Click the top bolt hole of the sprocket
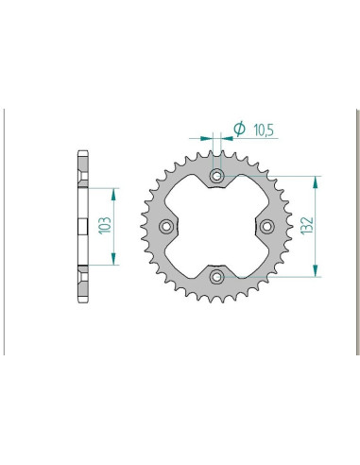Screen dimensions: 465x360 216,176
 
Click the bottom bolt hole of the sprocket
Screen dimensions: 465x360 216,275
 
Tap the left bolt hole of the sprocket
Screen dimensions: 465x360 167,226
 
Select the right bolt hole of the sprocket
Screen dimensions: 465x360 266,226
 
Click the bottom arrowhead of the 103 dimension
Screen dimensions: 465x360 114,262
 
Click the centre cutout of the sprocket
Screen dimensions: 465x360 216,226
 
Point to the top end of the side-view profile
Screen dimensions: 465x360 81,153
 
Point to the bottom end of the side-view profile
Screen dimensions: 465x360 81,300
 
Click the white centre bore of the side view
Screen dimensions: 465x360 79,227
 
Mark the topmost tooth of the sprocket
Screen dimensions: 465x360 216,149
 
